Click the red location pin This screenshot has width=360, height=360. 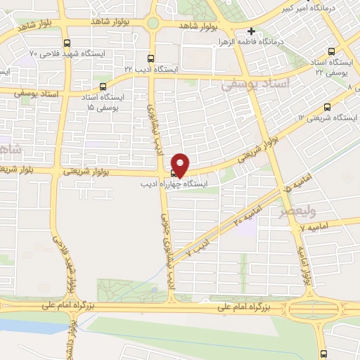click(x=180, y=164)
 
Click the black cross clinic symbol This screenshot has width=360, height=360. click(x=252, y=31)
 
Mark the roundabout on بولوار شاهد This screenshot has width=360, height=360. click(x=153, y=23)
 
